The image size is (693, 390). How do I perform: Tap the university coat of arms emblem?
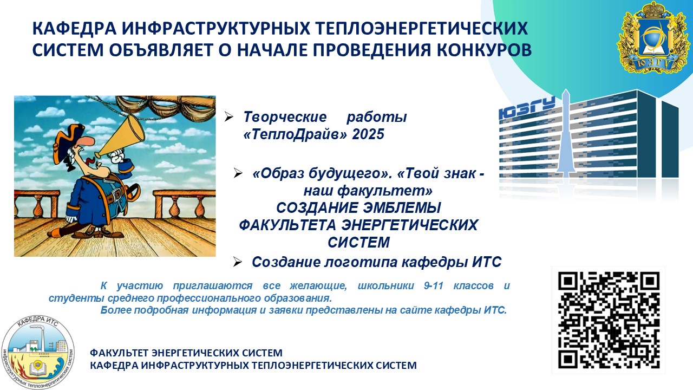[x=653, y=38]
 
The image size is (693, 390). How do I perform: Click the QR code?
[x=609, y=320]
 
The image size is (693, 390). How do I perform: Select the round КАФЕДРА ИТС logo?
[x=38, y=352]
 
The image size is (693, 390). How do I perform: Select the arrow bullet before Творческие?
[x=228, y=116]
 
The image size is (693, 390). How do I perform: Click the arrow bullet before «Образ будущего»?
[x=238, y=173]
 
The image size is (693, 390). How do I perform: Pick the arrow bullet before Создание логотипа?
[x=237, y=262]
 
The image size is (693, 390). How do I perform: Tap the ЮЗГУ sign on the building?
[x=527, y=108]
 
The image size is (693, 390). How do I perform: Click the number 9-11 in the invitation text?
[x=434, y=285]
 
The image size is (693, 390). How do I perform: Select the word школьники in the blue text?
[x=385, y=285]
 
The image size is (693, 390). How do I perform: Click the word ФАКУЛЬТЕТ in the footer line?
[x=119, y=353]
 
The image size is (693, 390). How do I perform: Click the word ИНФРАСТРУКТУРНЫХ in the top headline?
[x=215, y=28]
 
